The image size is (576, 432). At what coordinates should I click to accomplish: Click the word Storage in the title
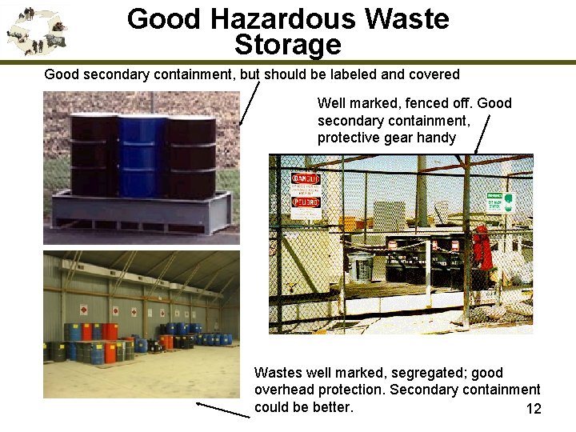(x=288, y=44)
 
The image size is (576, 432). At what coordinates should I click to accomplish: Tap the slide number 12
(x=534, y=410)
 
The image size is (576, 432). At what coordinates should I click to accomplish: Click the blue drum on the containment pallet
(x=142, y=156)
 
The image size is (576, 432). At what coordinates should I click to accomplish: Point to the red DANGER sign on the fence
(x=306, y=178)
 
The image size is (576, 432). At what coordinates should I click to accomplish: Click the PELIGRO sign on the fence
(x=306, y=202)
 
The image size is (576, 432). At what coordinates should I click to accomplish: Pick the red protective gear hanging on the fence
(x=482, y=247)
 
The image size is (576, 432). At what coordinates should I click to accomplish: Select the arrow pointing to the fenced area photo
(x=482, y=133)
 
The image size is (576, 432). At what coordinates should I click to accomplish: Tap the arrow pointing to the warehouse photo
(x=223, y=410)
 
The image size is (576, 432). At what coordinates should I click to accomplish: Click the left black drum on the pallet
(x=94, y=156)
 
